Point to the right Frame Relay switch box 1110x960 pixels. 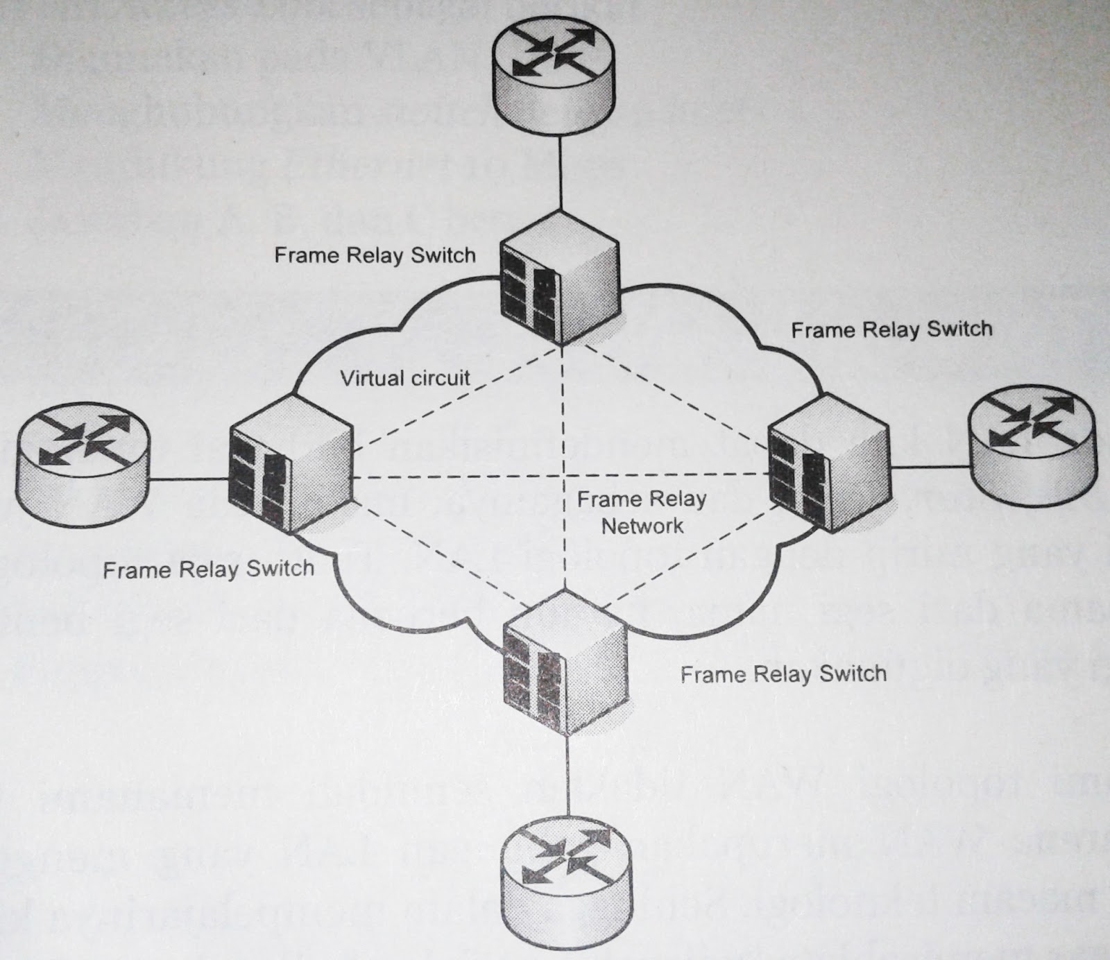828,461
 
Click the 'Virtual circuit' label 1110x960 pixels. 405,378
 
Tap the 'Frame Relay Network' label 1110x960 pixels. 642,512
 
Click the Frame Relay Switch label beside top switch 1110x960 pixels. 375,255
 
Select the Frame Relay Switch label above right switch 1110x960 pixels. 891,329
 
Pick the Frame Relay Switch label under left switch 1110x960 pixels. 208,569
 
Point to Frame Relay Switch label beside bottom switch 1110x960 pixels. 783,674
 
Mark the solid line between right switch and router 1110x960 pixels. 930,467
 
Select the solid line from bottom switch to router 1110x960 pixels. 568,777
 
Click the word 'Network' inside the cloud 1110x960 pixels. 642,526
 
